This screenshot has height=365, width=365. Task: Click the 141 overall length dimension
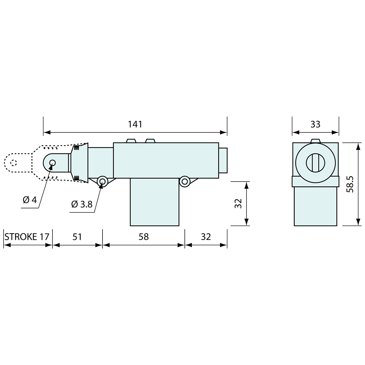tap(135, 124)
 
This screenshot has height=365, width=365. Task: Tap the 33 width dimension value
tap(316, 124)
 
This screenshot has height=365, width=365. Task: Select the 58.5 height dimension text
tap(350, 184)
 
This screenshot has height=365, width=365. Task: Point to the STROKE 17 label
tap(27, 237)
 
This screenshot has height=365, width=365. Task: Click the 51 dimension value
tap(77, 237)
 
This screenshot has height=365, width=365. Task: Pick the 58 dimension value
tap(143, 237)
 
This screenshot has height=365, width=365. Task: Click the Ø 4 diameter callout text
tap(30, 200)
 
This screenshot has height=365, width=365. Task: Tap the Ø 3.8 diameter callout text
tap(82, 204)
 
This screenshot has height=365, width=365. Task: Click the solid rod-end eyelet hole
tap(52, 163)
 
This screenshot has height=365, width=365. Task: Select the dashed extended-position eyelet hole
tap(14, 163)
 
